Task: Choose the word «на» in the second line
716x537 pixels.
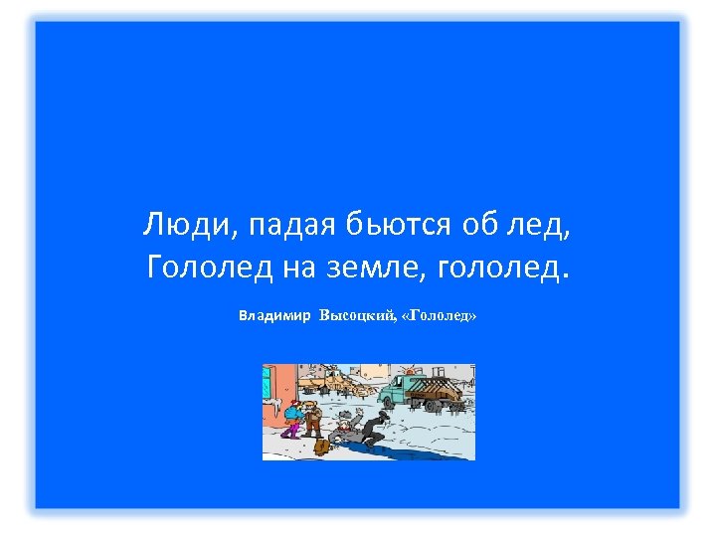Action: coord(300,267)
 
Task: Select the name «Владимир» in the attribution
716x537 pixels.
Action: coord(274,316)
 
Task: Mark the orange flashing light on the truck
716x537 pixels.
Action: coord(411,371)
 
